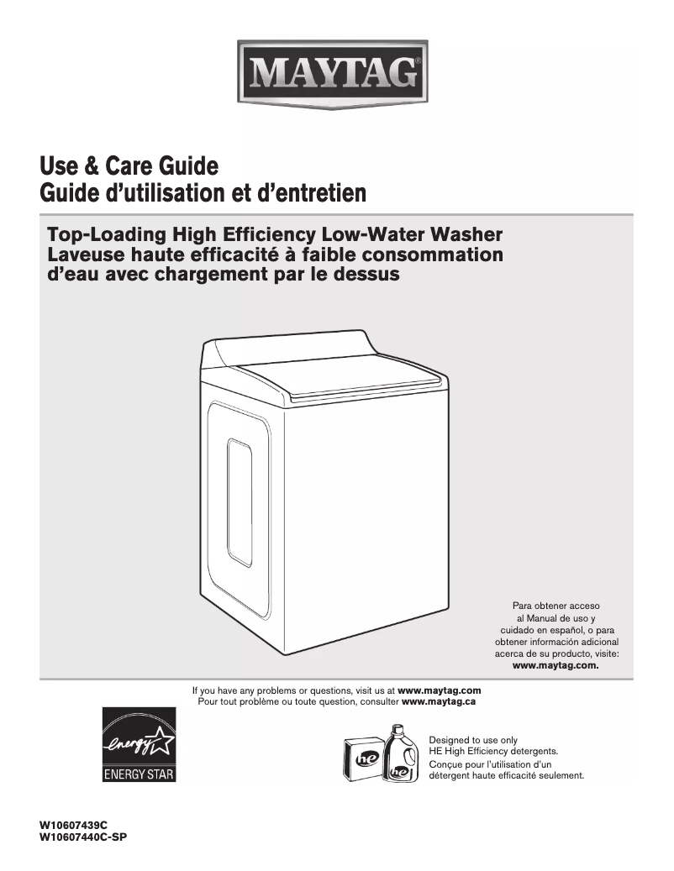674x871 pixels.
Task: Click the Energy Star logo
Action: tap(139, 746)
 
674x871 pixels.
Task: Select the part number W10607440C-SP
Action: tap(82, 837)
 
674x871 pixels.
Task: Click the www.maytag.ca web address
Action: tap(440, 700)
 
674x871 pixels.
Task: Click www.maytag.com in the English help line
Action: tap(439, 690)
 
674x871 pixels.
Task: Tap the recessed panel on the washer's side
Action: tap(240, 501)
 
